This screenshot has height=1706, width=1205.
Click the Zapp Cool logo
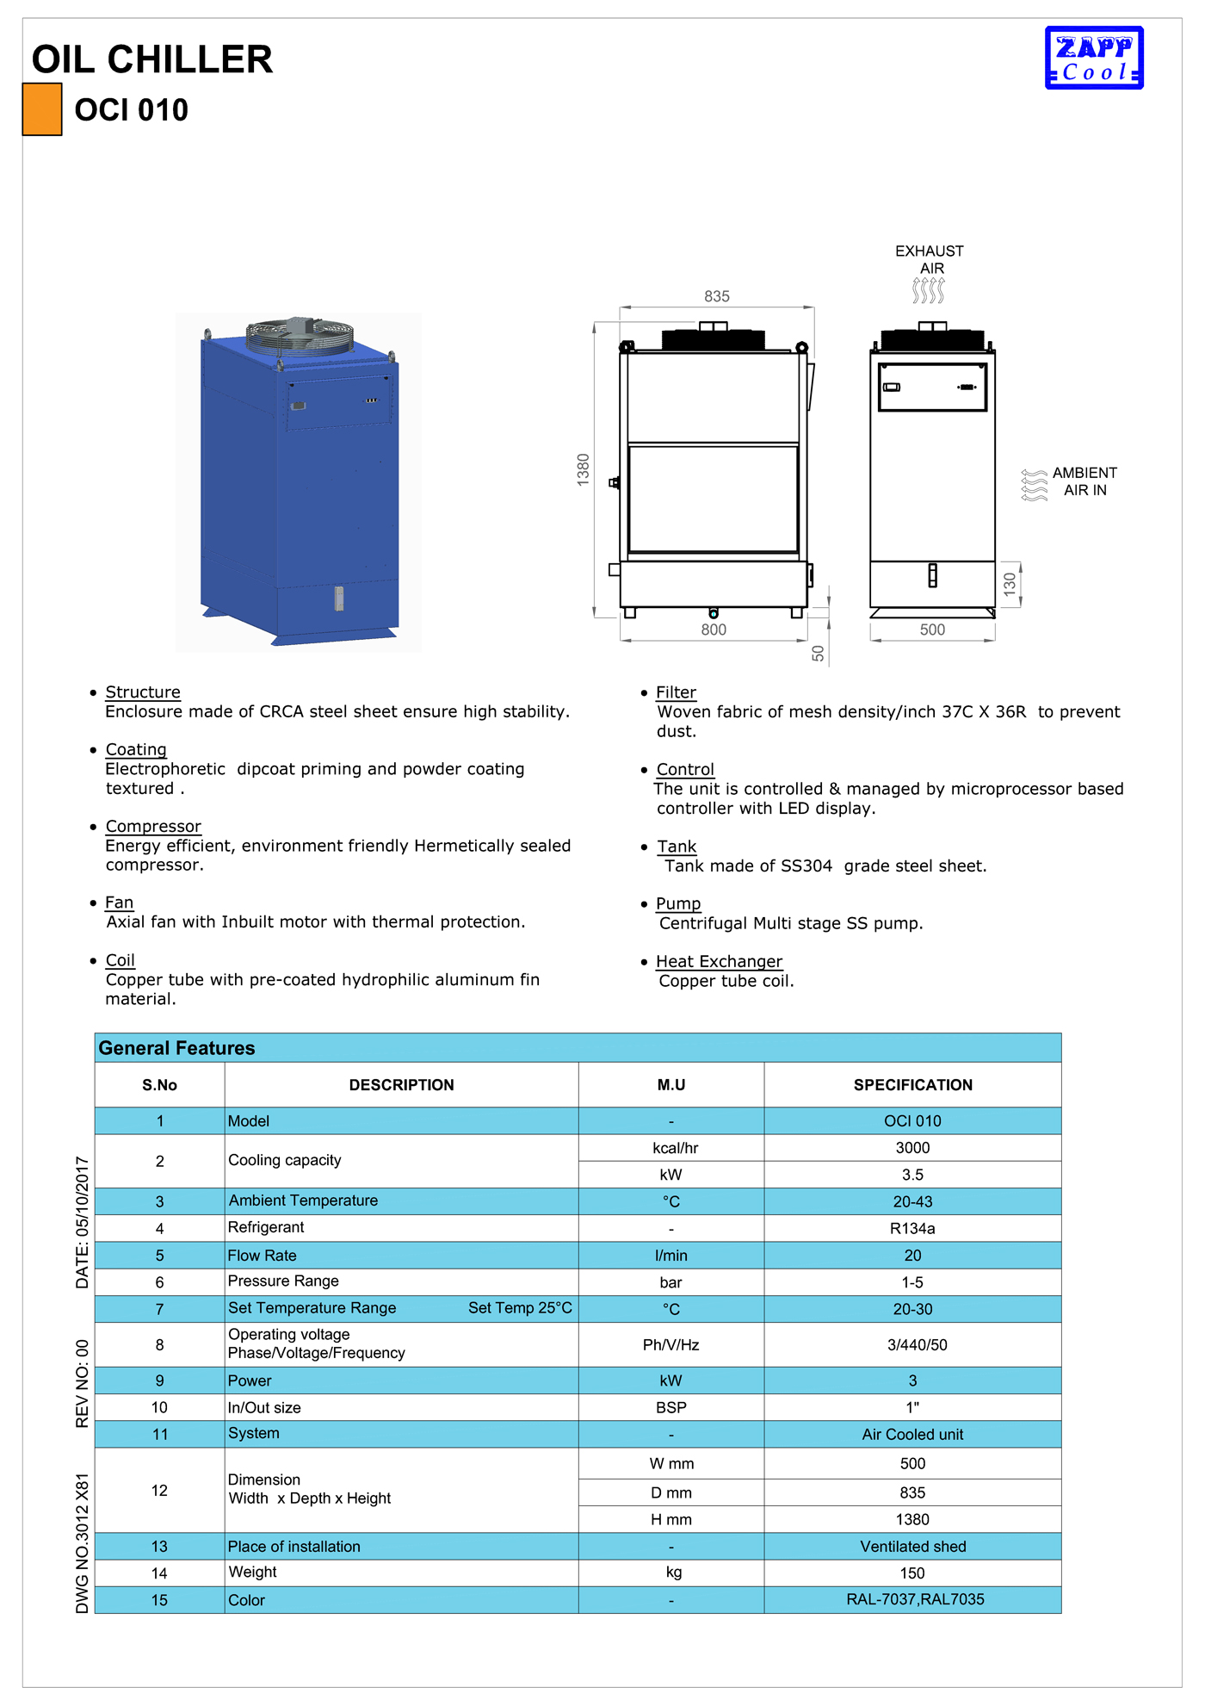[1093, 58]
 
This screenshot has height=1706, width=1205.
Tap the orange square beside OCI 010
[42, 109]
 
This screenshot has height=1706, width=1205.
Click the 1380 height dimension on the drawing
[584, 469]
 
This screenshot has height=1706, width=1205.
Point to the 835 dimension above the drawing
[716, 296]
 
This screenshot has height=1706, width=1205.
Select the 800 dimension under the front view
[713, 630]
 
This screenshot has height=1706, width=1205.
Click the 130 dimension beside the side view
[1010, 583]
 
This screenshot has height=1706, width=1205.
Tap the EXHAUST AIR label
[930, 259]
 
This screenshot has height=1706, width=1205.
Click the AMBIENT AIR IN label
[1084, 481]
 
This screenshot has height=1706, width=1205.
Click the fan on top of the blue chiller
[300, 335]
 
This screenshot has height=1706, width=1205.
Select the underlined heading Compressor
[153, 826]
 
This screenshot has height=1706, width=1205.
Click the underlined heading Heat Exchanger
[719, 961]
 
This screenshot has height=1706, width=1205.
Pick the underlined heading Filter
[676, 692]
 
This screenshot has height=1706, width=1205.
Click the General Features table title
[177, 1048]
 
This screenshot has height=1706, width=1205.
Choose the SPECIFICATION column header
[912, 1085]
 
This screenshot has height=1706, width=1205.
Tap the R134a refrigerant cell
[912, 1228]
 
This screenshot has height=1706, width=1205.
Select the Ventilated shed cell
[912, 1547]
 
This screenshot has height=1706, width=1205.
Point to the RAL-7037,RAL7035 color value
[915, 1599]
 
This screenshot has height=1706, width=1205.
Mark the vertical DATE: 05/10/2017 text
[83, 1222]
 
